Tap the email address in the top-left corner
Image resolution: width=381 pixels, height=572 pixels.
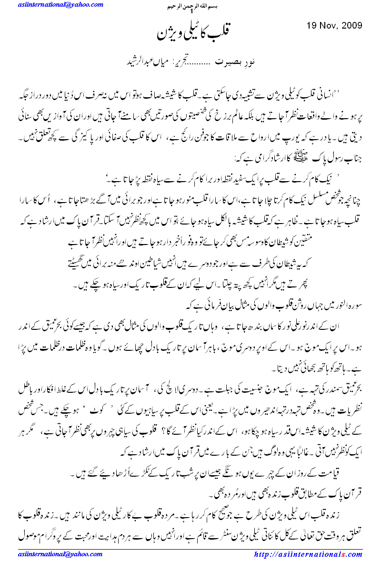click(61, 5)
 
